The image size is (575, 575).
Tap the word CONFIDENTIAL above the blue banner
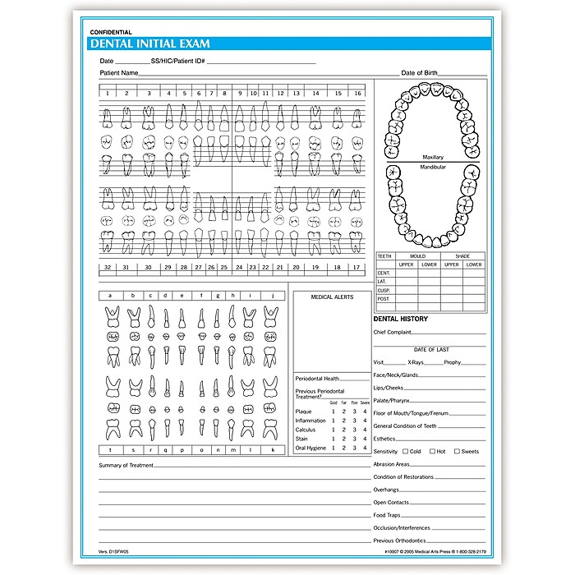111,32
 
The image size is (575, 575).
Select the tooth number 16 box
357,94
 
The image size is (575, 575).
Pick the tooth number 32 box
108,268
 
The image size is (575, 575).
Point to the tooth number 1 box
108,94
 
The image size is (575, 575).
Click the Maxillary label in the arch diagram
433,156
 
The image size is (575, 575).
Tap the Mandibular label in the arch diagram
433,167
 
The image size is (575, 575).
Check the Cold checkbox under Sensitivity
406,451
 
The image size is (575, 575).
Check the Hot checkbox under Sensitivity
430,451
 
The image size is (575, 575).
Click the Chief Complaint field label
391,333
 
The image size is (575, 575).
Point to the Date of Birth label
419,73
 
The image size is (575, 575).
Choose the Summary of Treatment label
126,466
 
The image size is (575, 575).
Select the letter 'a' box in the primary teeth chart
108,296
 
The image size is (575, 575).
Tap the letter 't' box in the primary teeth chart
108,449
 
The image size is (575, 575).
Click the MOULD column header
418,255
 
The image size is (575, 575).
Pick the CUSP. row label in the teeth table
384,290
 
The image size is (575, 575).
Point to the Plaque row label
304,410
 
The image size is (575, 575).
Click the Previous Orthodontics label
400,540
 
